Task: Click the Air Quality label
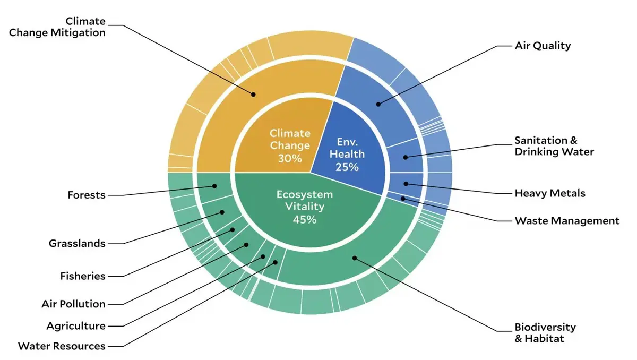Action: coord(543,46)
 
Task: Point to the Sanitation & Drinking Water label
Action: coord(554,146)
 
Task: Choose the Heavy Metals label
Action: coord(550,193)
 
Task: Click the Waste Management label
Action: coord(567,221)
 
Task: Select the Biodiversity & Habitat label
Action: coord(545,333)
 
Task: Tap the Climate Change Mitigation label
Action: coord(57,27)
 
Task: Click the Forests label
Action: coord(87,195)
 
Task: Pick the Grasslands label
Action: coord(77,243)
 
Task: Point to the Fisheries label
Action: coord(83,276)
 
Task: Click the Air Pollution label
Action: coord(74,304)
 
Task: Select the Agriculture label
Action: coord(76,326)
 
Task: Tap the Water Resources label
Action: coord(62,346)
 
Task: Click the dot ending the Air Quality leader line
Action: coord(378,105)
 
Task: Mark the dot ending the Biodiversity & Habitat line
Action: coord(355,258)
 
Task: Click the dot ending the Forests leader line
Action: coord(214,186)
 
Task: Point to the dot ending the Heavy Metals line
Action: coord(406,184)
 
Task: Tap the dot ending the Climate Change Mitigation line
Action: coord(253,95)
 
